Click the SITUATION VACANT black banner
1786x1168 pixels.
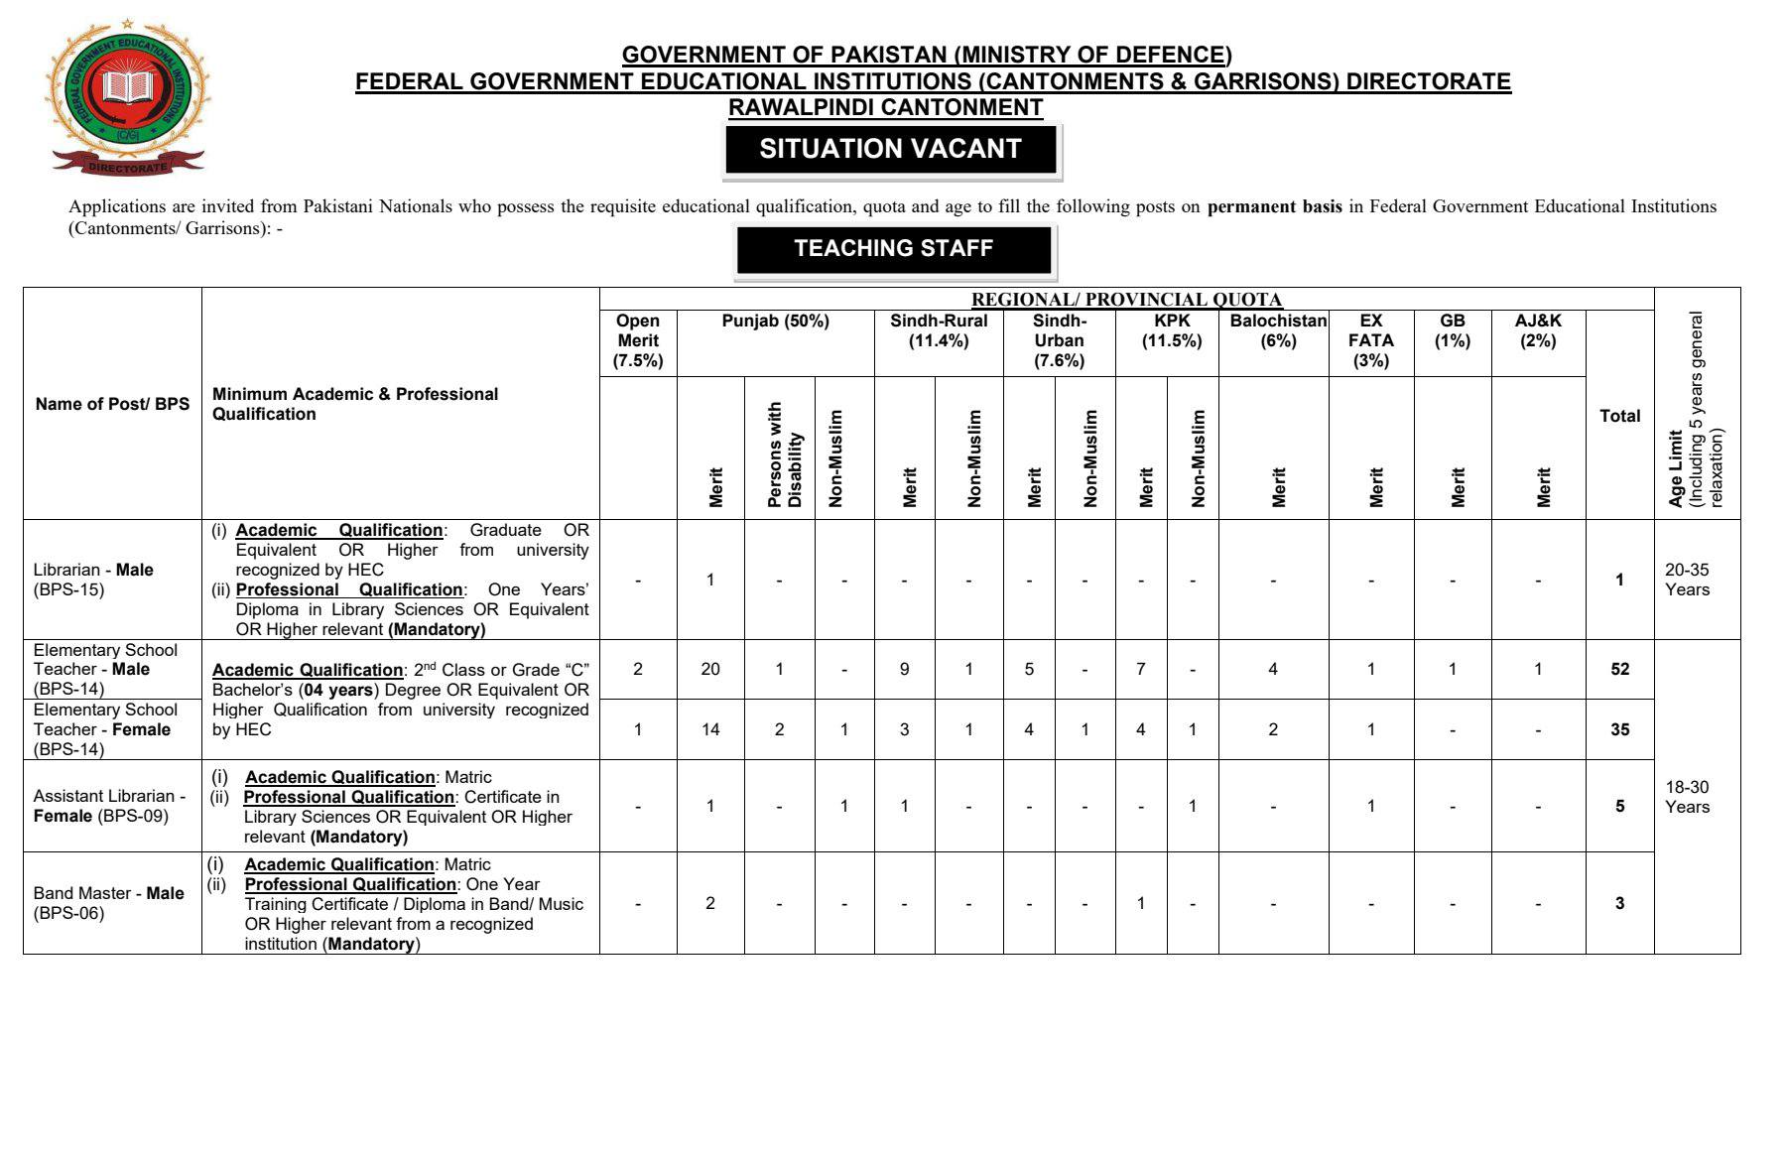[890, 149]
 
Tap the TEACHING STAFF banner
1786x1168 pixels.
[893, 248]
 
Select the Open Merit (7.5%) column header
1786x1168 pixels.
[638, 340]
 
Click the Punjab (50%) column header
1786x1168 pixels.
[775, 322]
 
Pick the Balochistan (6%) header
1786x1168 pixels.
[1278, 330]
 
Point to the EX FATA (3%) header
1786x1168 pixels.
[1370, 340]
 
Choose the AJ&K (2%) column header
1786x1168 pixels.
[1538, 330]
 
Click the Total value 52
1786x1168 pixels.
[1619, 669]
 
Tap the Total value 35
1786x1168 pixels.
[1619, 729]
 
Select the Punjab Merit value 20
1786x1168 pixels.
[710, 669]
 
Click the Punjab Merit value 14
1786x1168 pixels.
[710, 729]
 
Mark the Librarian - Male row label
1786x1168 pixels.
[93, 580]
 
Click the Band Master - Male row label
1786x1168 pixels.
[108, 903]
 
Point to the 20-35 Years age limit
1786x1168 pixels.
[1687, 580]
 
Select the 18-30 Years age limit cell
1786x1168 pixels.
[1687, 797]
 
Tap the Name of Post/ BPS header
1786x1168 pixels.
[112, 404]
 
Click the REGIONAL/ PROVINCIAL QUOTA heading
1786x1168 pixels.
[1126, 299]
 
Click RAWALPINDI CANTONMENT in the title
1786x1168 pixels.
[885, 107]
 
